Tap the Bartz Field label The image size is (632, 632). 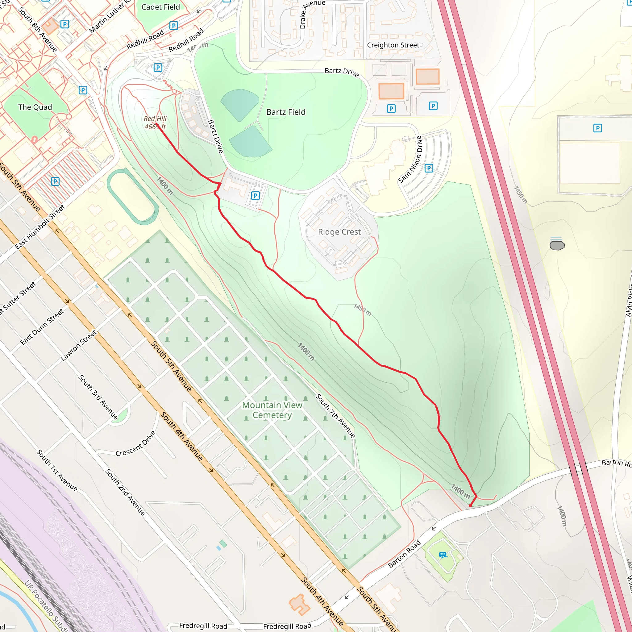(x=285, y=112)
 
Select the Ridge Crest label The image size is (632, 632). (x=339, y=232)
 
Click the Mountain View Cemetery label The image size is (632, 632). (x=272, y=410)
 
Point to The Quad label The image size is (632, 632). (x=35, y=107)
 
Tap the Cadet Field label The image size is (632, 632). (x=160, y=7)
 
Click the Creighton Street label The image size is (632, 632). (x=393, y=45)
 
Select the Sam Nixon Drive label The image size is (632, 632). (x=410, y=159)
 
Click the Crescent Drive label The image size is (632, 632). (x=135, y=444)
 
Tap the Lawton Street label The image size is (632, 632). (x=79, y=345)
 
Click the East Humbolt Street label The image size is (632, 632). (x=40, y=227)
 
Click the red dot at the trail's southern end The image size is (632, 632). (x=470, y=506)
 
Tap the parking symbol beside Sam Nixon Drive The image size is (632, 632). (x=429, y=168)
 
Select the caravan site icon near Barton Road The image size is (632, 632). (x=443, y=555)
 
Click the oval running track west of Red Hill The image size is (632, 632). (x=133, y=196)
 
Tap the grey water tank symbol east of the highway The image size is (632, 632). (x=557, y=245)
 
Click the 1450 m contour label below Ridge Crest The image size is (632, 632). (x=363, y=310)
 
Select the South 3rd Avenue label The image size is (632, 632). (x=98, y=397)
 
